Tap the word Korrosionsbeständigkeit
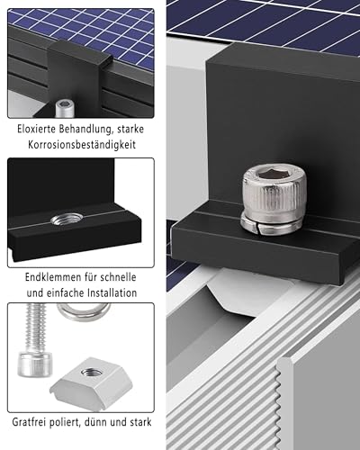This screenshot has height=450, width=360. tap(80, 145)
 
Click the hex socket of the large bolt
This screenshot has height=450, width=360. tap(272, 173)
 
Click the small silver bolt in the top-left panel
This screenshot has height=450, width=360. tap(65, 108)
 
